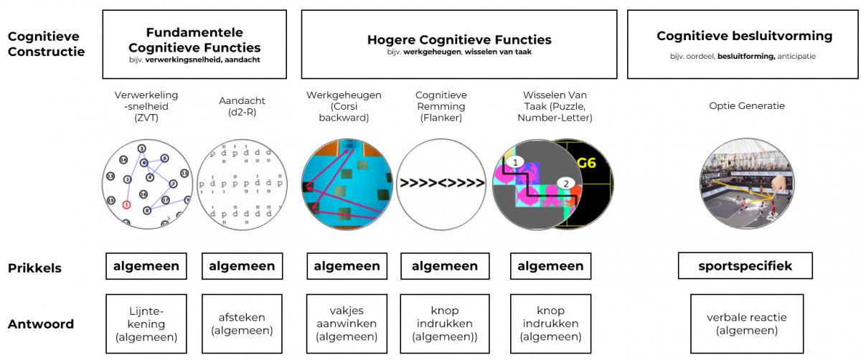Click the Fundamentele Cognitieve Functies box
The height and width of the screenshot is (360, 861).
[x=194, y=44]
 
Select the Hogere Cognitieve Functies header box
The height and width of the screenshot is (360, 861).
[x=458, y=44]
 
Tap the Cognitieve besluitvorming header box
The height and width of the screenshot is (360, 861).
[x=744, y=44]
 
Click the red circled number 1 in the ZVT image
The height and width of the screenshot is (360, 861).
[x=126, y=204]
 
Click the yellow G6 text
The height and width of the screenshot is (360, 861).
[x=586, y=162]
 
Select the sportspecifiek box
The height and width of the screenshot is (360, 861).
[x=745, y=266]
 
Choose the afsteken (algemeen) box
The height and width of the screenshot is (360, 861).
[x=242, y=324]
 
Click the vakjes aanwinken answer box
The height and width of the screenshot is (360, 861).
[x=347, y=324]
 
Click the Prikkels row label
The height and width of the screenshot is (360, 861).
[x=34, y=268]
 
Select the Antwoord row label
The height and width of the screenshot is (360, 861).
[x=41, y=324]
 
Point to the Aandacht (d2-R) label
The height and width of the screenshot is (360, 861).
[x=242, y=106]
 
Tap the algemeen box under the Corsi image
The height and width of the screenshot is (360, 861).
[x=347, y=266]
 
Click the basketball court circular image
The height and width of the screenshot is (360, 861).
[x=746, y=183]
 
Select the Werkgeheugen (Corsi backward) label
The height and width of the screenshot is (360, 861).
[x=344, y=106]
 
